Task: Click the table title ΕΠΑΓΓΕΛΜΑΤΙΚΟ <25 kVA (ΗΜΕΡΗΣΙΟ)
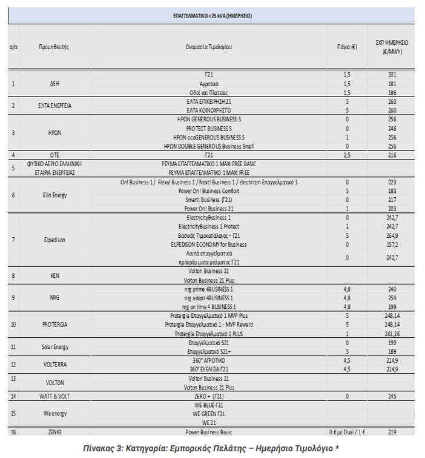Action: coord(211,16)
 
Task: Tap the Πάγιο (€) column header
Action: coord(346,47)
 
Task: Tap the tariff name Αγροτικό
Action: coord(209,83)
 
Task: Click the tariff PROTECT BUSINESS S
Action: coord(209,129)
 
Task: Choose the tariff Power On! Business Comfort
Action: coord(209,190)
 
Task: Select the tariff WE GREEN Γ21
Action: coord(209,414)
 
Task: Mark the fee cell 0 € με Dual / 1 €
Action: coord(346,432)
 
